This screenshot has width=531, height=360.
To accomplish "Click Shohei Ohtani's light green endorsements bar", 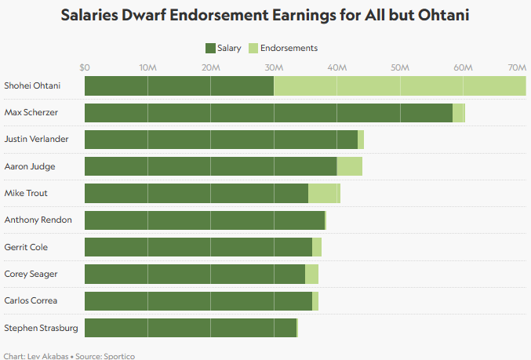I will [x=400, y=86].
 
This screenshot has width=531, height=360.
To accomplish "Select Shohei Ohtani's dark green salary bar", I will [x=179, y=86].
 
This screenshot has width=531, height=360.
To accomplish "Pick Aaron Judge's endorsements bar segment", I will [x=349, y=166].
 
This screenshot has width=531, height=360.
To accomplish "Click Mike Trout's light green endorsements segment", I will [x=324, y=193].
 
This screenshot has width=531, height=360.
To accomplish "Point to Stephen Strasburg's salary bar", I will [x=191, y=327].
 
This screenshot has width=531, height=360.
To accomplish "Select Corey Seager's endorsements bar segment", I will [x=311, y=274].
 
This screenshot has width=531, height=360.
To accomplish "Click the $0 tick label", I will [x=85, y=67].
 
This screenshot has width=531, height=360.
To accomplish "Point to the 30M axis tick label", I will [x=274, y=67].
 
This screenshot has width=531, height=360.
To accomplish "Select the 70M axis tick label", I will [x=516, y=67].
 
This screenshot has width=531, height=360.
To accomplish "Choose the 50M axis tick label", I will [x=400, y=67].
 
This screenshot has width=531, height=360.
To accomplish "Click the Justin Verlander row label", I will [x=36, y=140].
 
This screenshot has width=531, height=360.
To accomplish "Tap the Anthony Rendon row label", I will [x=38, y=220].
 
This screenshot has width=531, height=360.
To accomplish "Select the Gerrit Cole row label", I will [x=26, y=247].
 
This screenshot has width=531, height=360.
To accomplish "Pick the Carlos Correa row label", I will [x=31, y=300].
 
